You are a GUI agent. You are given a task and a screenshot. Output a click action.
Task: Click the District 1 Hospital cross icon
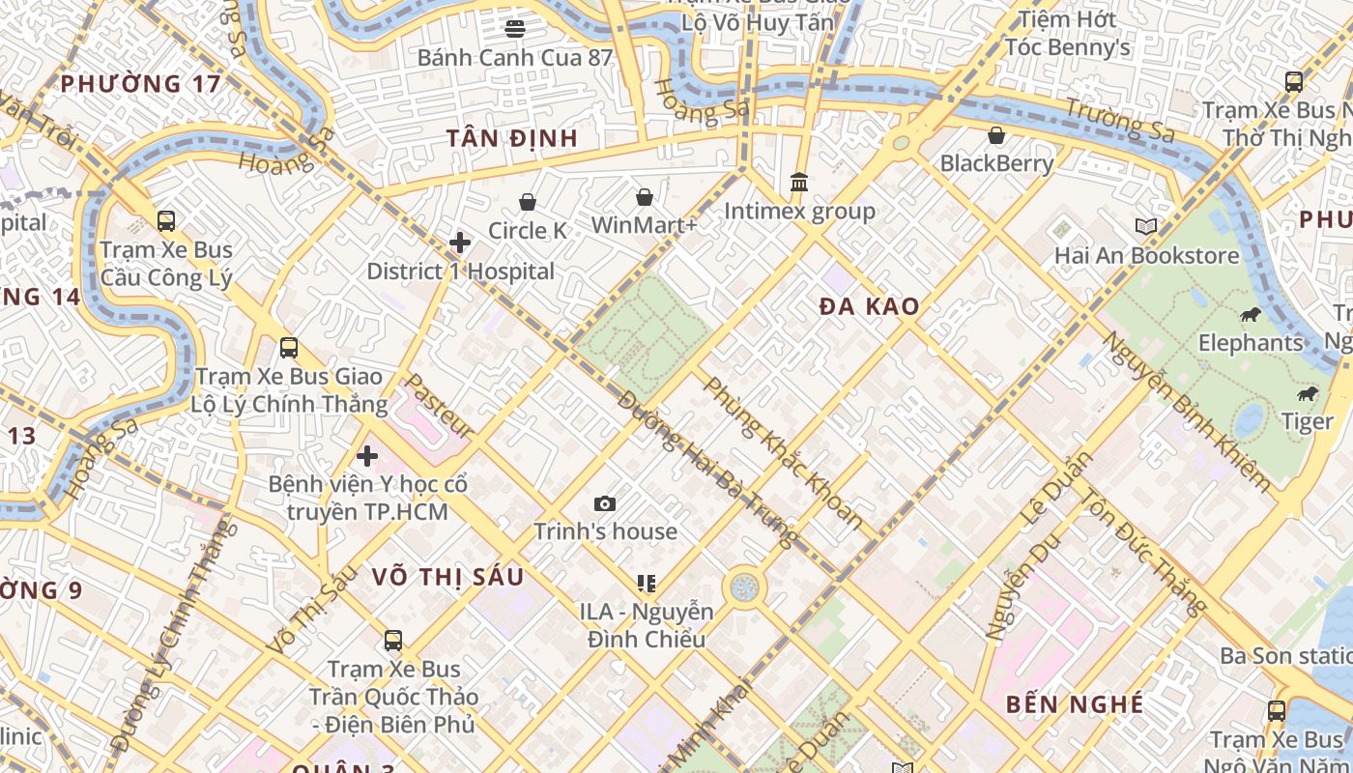[x=460, y=242]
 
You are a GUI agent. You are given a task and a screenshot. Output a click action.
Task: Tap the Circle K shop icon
[x=528, y=202]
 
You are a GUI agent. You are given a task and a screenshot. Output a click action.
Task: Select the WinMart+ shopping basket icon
[x=645, y=197]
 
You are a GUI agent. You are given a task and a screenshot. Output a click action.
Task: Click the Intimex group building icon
[x=799, y=182]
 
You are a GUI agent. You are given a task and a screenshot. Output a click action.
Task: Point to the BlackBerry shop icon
[x=996, y=134]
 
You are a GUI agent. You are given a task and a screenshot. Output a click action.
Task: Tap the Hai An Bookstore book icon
[x=1146, y=227]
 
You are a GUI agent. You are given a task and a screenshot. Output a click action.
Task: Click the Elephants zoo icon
[x=1251, y=314]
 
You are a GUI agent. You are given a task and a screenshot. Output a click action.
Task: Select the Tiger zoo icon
[x=1308, y=393]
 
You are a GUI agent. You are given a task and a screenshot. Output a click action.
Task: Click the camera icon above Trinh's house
[x=605, y=503]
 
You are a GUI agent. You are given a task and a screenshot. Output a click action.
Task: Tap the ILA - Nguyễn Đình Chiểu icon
[x=647, y=583]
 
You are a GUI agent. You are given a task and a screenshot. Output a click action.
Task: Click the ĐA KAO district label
[x=870, y=307]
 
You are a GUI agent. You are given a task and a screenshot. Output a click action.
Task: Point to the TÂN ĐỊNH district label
[x=512, y=138]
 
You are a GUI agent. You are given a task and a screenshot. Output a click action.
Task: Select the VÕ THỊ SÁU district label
[x=448, y=577]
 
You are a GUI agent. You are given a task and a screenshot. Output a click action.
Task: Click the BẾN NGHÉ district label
[x=1075, y=704]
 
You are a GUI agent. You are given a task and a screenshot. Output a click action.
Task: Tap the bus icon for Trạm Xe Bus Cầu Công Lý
[x=166, y=221]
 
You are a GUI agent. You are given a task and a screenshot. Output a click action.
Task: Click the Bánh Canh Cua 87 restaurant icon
[x=515, y=28]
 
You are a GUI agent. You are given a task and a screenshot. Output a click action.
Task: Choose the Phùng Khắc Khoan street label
[x=784, y=452]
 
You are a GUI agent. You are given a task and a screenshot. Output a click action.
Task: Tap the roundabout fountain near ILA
[x=744, y=587]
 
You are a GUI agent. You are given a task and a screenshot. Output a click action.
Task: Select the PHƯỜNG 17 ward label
[x=141, y=84]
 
